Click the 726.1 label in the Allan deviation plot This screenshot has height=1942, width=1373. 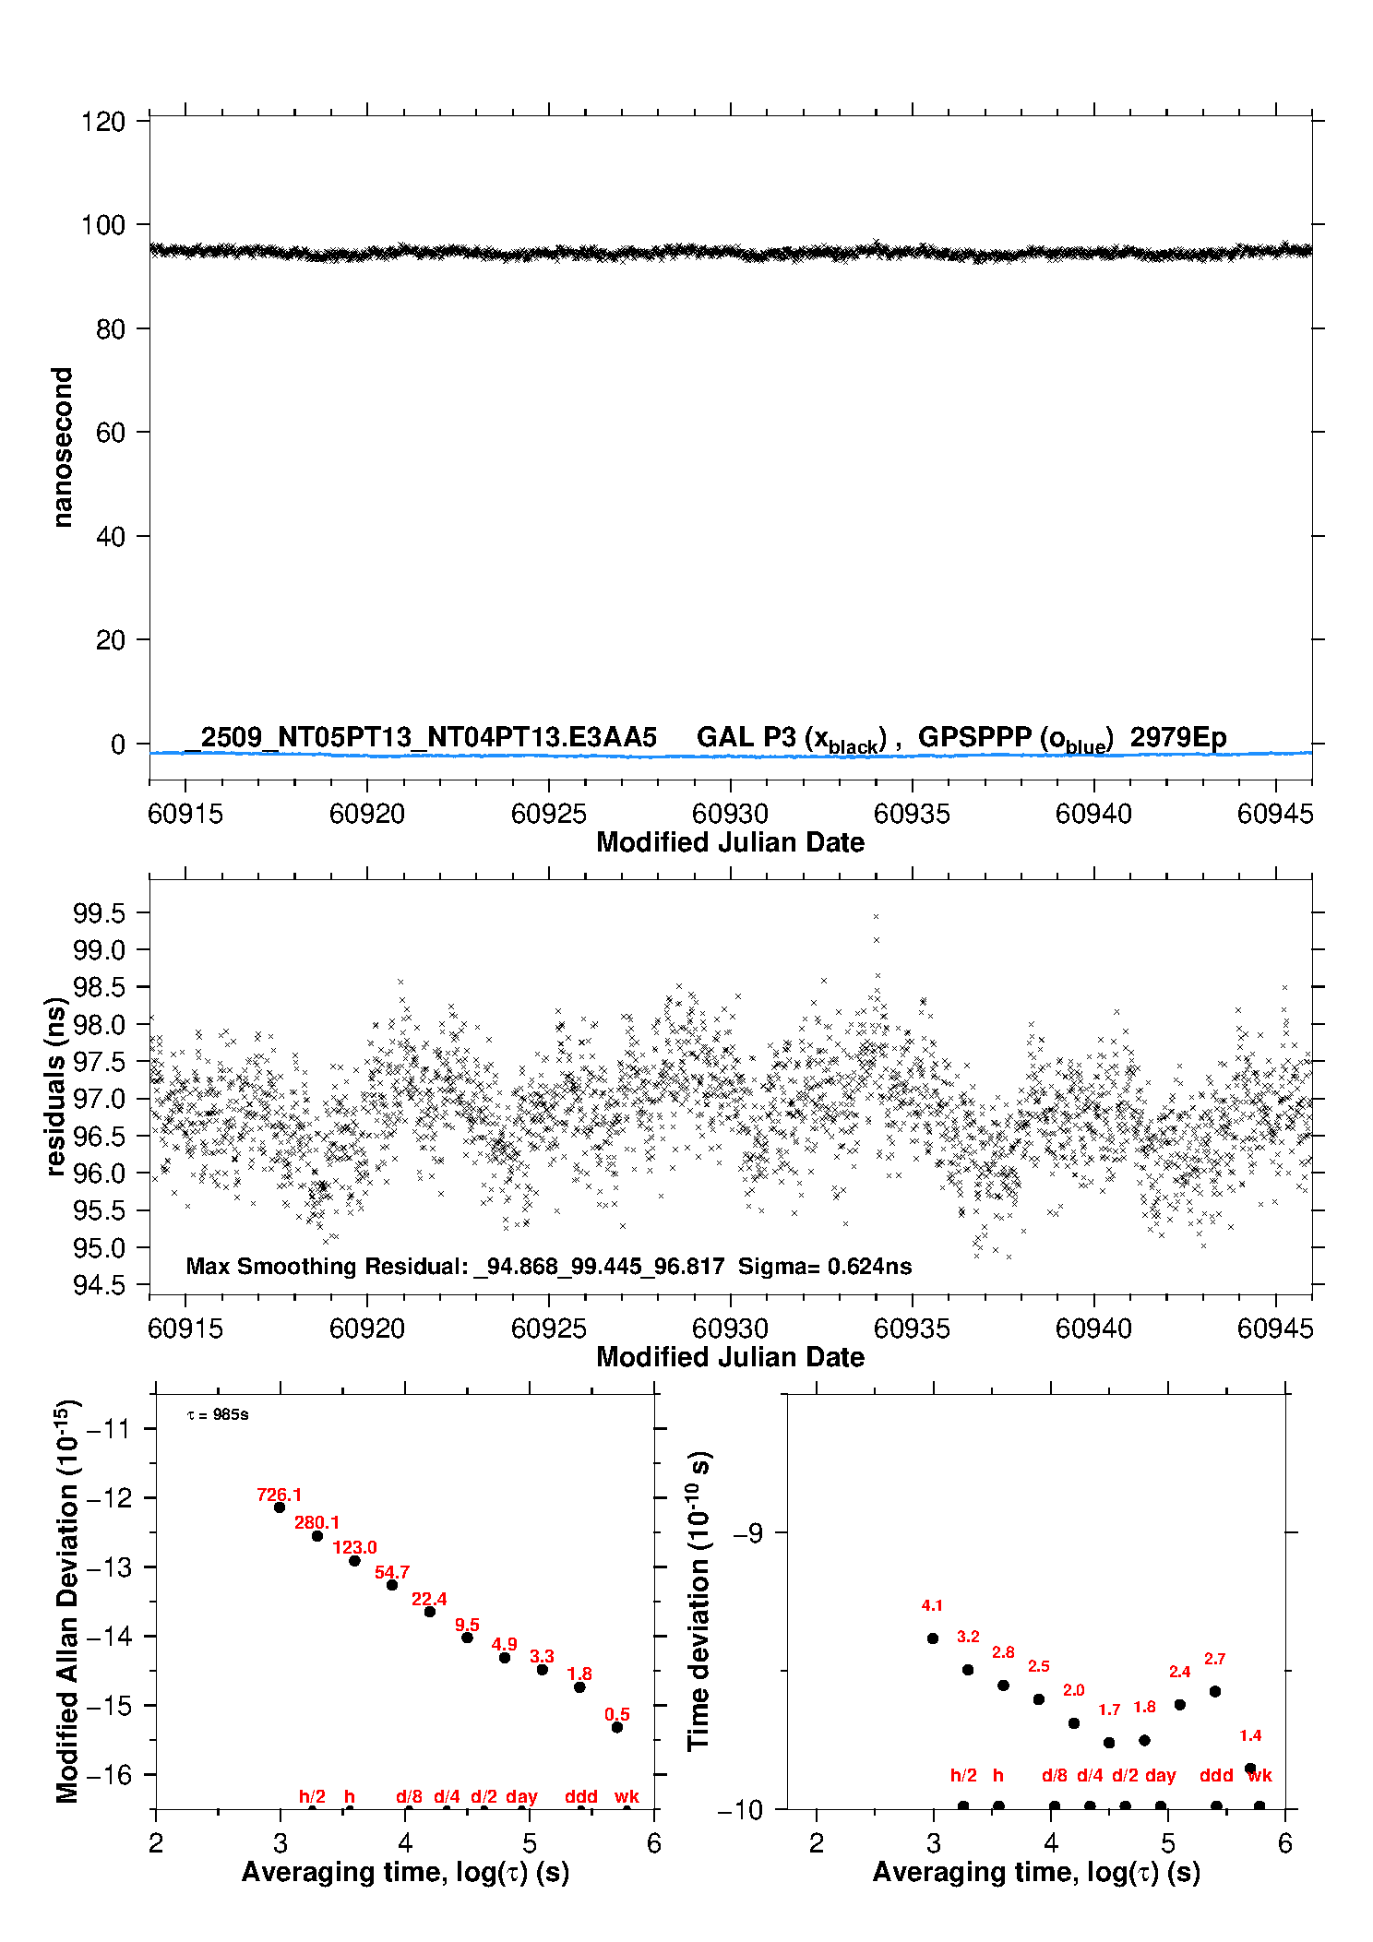(x=279, y=1495)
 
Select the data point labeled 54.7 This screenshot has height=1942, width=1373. (x=392, y=1585)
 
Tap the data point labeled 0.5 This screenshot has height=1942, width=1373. (x=617, y=1727)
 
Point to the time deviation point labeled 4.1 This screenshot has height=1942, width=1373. (x=933, y=1638)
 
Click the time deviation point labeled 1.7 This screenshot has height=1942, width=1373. (x=1109, y=1743)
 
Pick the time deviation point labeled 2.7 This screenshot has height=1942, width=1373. (x=1215, y=1691)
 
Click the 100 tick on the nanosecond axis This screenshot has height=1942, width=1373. (x=102, y=225)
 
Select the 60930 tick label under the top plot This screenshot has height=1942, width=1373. (x=730, y=814)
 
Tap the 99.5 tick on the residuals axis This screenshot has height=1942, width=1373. (x=99, y=913)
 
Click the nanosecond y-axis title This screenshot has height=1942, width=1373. (x=62, y=447)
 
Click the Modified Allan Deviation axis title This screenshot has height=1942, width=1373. (x=67, y=1601)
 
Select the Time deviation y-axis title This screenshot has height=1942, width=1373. (x=698, y=1601)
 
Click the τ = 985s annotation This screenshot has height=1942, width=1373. (x=218, y=1415)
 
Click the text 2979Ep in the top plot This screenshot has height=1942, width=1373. (x=1178, y=737)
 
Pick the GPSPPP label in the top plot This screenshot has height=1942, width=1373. (x=975, y=737)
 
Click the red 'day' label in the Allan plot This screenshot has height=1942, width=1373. (x=521, y=1796)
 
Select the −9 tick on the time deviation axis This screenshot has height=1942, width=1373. (x=747, y=1533)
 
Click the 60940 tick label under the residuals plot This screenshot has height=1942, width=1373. (x=1093, y=1328)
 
